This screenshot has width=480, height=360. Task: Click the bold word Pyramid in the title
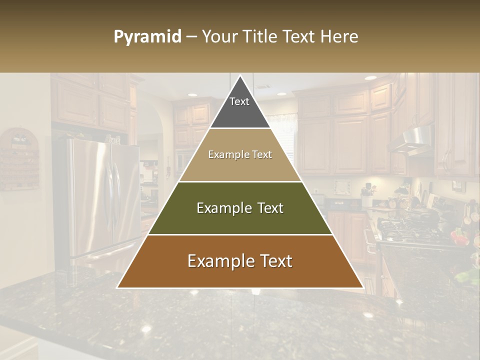tap(147, 37)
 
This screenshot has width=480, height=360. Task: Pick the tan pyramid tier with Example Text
tap(240, 155)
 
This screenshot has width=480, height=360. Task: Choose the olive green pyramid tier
tap(240, 208)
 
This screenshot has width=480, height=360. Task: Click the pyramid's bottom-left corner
tap(118, 287)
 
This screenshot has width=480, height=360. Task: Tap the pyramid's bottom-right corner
tap(362, 287)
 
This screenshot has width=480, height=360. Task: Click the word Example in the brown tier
tap(218, 261)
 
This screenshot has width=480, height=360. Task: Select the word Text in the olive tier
tap(268, 208)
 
